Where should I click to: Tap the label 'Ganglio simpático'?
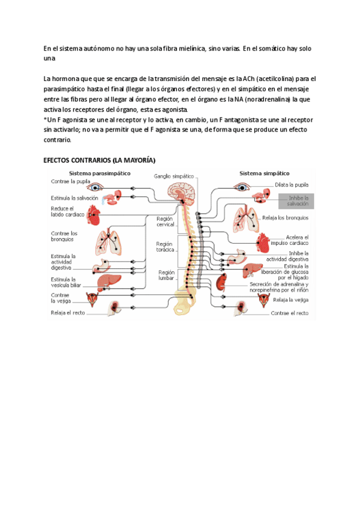[174, 176]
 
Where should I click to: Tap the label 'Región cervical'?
[164, 221]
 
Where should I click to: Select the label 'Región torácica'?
[164, 247]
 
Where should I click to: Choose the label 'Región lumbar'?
[166, 275]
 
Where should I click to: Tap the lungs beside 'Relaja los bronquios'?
[245, 218]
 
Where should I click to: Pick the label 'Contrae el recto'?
[290, 313]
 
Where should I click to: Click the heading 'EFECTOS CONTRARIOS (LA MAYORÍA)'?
[100, 161]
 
